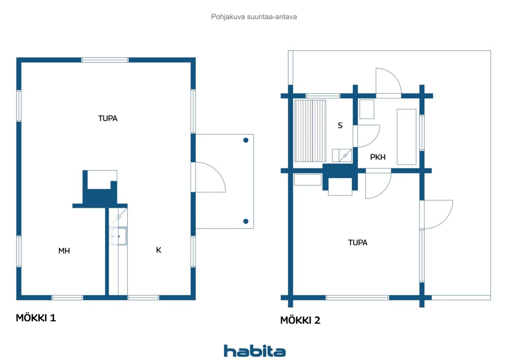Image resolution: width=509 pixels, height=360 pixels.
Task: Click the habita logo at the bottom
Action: click(x=254, y=351)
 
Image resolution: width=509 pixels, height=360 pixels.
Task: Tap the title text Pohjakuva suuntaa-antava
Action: click(x=254, y=17)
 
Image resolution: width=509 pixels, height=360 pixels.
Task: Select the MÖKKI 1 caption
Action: click(x=36, y=317)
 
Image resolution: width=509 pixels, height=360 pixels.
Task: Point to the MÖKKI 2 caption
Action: click(x=300, y=320)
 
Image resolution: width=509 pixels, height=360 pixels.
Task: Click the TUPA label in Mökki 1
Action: click(x=108, y=119)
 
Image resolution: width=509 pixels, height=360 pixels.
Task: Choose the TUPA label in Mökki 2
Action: click(x=357, y=243)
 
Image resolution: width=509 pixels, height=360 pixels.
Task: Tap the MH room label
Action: click(x=64, y=251)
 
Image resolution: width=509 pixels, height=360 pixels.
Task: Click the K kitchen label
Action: click(x=159, y=250)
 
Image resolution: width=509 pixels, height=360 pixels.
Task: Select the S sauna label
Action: click(x=340, y=125)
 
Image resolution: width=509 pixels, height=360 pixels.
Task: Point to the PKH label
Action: click(x=378, y=157)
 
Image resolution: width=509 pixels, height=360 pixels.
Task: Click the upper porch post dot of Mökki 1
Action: click(x=246, y=140)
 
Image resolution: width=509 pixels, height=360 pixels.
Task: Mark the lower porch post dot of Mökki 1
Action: click(x=246, y=221)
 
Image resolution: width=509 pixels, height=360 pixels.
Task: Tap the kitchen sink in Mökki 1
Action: click(x=118, y=236)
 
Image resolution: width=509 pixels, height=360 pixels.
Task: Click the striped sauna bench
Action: click(x=310, y=131)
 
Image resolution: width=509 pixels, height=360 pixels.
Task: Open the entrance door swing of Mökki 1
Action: click(x=210, y=177)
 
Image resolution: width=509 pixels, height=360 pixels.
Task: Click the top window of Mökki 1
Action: click(x=105, y=60)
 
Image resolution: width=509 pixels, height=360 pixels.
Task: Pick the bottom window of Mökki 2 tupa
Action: click(x=357, y=298)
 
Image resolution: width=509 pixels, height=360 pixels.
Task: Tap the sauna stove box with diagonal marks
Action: click(x=345, y=156)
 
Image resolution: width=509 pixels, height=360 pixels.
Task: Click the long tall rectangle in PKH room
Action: click(x=406, y=137)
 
